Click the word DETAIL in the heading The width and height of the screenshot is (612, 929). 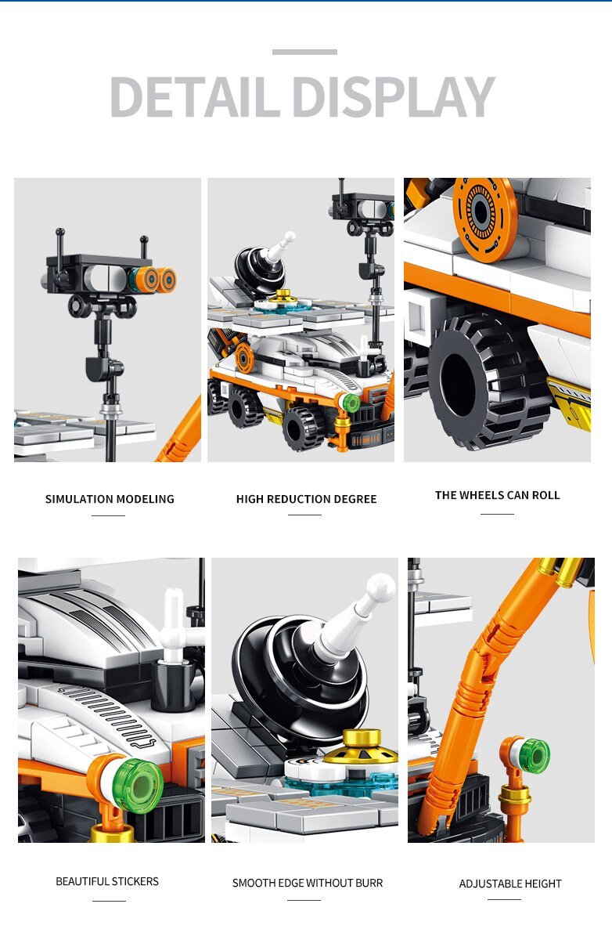tap(195, 96)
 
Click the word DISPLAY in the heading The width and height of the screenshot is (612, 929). tap(393, 96)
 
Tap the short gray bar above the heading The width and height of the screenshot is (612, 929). tap(304, 52)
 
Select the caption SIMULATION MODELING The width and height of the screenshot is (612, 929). tap(110, 499)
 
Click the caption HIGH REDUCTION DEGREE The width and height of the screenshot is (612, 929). tap(306, 499)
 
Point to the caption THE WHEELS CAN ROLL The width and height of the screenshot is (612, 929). tap(497, 495)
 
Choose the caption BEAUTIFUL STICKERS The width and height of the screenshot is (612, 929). tap(107, 881)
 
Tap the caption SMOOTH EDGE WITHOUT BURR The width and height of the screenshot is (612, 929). tap(308, 883)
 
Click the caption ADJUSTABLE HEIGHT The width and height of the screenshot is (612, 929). tap(510, 884)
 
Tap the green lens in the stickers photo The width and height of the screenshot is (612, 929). tap(138, 786)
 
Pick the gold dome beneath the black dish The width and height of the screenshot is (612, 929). tap(361, 746)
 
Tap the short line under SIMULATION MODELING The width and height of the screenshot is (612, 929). tap(108, 515)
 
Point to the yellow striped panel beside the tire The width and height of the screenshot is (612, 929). tap(570, 403)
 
